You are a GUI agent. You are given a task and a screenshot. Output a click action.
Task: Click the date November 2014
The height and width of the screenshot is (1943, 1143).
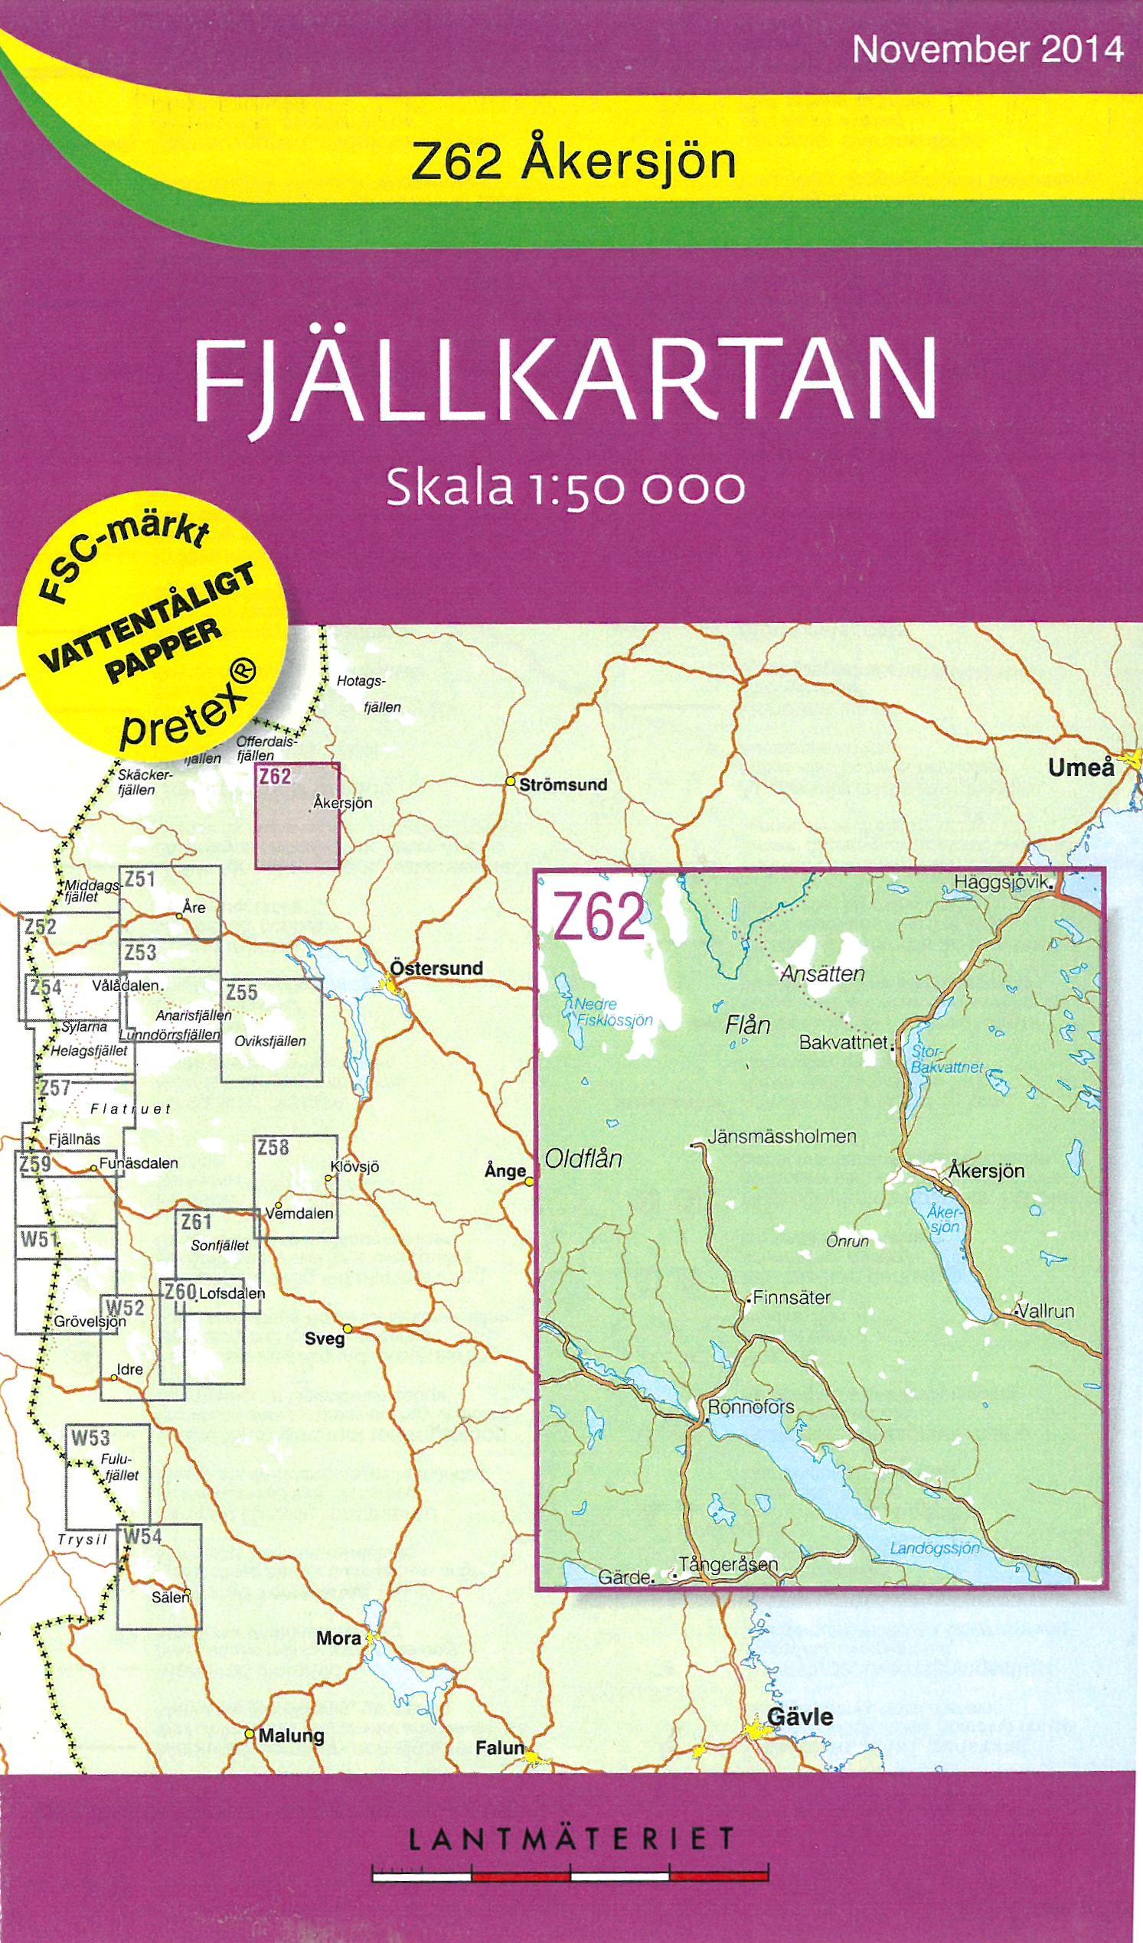(x=988, y=50)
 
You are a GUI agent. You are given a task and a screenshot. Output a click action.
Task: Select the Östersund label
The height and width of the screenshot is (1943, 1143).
(x=436, y=967)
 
